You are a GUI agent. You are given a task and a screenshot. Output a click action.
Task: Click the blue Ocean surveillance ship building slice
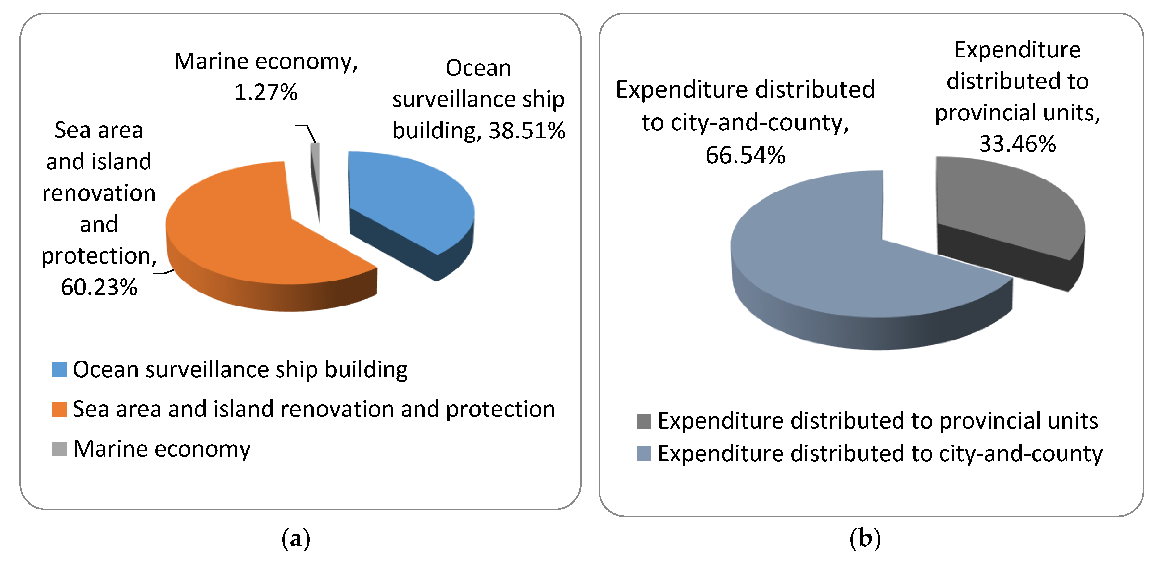406,198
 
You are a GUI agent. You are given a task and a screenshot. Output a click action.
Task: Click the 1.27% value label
266,92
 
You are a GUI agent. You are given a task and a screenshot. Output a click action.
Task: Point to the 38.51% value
527,131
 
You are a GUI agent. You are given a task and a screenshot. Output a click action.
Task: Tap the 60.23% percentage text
99,287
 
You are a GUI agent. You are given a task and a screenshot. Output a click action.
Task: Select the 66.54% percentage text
745,155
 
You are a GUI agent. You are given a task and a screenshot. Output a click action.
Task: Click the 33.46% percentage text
1017,144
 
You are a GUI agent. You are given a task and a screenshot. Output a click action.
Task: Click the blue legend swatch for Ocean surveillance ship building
60,369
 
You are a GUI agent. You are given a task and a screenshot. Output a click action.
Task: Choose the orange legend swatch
60,409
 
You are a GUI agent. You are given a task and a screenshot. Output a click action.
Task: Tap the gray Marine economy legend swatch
60,449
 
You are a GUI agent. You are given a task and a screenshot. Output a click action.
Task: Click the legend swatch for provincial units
644,421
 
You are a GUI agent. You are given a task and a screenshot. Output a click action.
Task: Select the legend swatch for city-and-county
644,453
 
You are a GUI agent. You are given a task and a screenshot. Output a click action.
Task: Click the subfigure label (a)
296,538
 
